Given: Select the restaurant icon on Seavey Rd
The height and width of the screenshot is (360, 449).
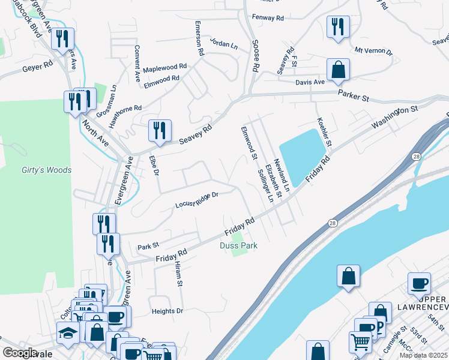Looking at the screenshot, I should pyautogui.click(x=160, y=131).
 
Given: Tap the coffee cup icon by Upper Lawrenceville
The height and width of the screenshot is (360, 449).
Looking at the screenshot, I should pyautogui.click(x=419, y=284).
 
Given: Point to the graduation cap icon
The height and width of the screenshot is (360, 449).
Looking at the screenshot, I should pyautogui.click(x=68, y=332).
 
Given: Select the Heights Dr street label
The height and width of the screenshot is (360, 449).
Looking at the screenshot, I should pyautogui.click(x=167, y=311).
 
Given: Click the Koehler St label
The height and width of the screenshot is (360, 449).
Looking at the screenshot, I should pyautogui.click(x=325, y=133).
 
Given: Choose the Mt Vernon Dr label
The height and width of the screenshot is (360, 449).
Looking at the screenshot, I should pyautogui.click(x=373, y=52).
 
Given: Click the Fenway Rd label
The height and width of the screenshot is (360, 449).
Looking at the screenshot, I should pyautogui.click(x=268, y=18).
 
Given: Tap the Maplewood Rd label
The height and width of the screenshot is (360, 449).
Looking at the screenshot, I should pyautogui.click(x=164, y=67).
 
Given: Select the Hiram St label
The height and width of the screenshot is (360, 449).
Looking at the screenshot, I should pyautogui.click(x=178, y=274).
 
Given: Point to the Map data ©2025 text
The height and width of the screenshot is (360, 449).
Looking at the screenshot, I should pyautogui.click(x=423, y=355).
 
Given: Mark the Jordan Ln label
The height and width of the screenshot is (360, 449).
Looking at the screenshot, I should pyautogui.click(x=223, y=43).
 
